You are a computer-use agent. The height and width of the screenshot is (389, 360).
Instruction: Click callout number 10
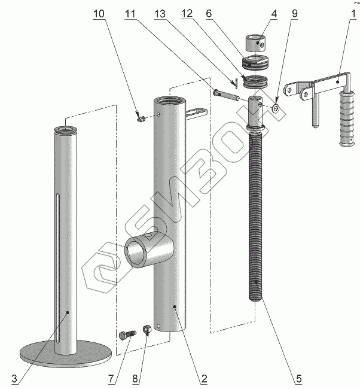pos(99,13)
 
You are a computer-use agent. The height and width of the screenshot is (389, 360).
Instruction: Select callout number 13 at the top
pos(160,13)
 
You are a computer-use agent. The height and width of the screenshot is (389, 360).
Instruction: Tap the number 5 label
pos(299,378)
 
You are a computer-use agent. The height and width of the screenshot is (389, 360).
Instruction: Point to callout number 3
pos(14,379)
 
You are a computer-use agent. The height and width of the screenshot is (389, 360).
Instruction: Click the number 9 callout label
pos(295,13)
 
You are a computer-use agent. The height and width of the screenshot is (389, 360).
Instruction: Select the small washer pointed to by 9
pos(276,108)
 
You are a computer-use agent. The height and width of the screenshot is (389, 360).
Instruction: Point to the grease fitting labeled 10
pos(141,119)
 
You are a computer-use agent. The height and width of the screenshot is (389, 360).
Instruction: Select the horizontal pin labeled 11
pos(226,96)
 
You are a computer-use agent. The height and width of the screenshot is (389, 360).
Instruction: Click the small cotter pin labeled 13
pos(236,83)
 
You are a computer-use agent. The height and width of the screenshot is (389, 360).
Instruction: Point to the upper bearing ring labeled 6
pos(255,62)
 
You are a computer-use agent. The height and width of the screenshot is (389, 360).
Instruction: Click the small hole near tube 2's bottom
pos(158,326)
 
